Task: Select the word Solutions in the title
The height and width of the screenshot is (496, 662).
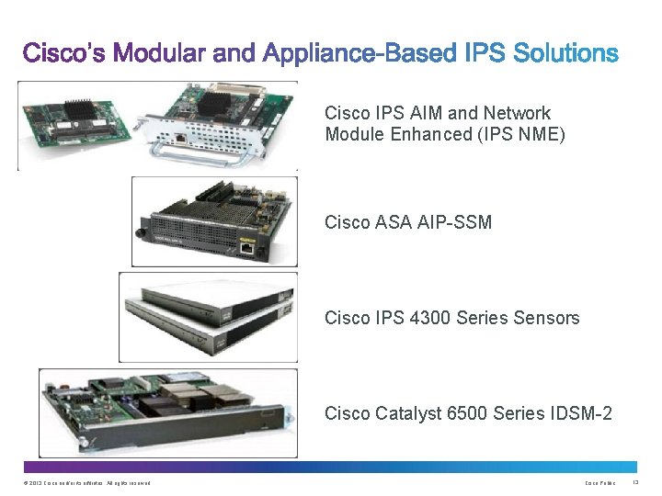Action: (564, 53)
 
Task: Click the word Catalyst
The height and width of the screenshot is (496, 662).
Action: (409, 413)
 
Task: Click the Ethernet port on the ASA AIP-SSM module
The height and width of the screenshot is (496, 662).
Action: (248, 246)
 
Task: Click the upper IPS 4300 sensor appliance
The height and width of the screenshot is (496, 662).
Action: (221, 294)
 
